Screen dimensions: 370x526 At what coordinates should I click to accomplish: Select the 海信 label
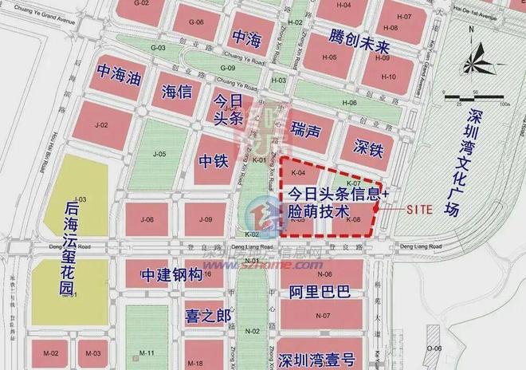click(x=177, y=90)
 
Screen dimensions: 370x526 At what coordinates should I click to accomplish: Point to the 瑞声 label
click(x=306, y=128)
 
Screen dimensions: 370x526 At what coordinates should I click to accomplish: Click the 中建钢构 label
click(x=171, y=274)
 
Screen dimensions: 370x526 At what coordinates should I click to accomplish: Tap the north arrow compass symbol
click(x=473, y=58)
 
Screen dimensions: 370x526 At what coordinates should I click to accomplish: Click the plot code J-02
click(x=101, y=126)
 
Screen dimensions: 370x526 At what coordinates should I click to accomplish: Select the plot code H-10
click(x=388, y=77)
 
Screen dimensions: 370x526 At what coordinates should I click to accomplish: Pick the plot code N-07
click(x=323, y=316)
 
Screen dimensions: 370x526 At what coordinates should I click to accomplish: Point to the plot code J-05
click(x=159, y=154)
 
